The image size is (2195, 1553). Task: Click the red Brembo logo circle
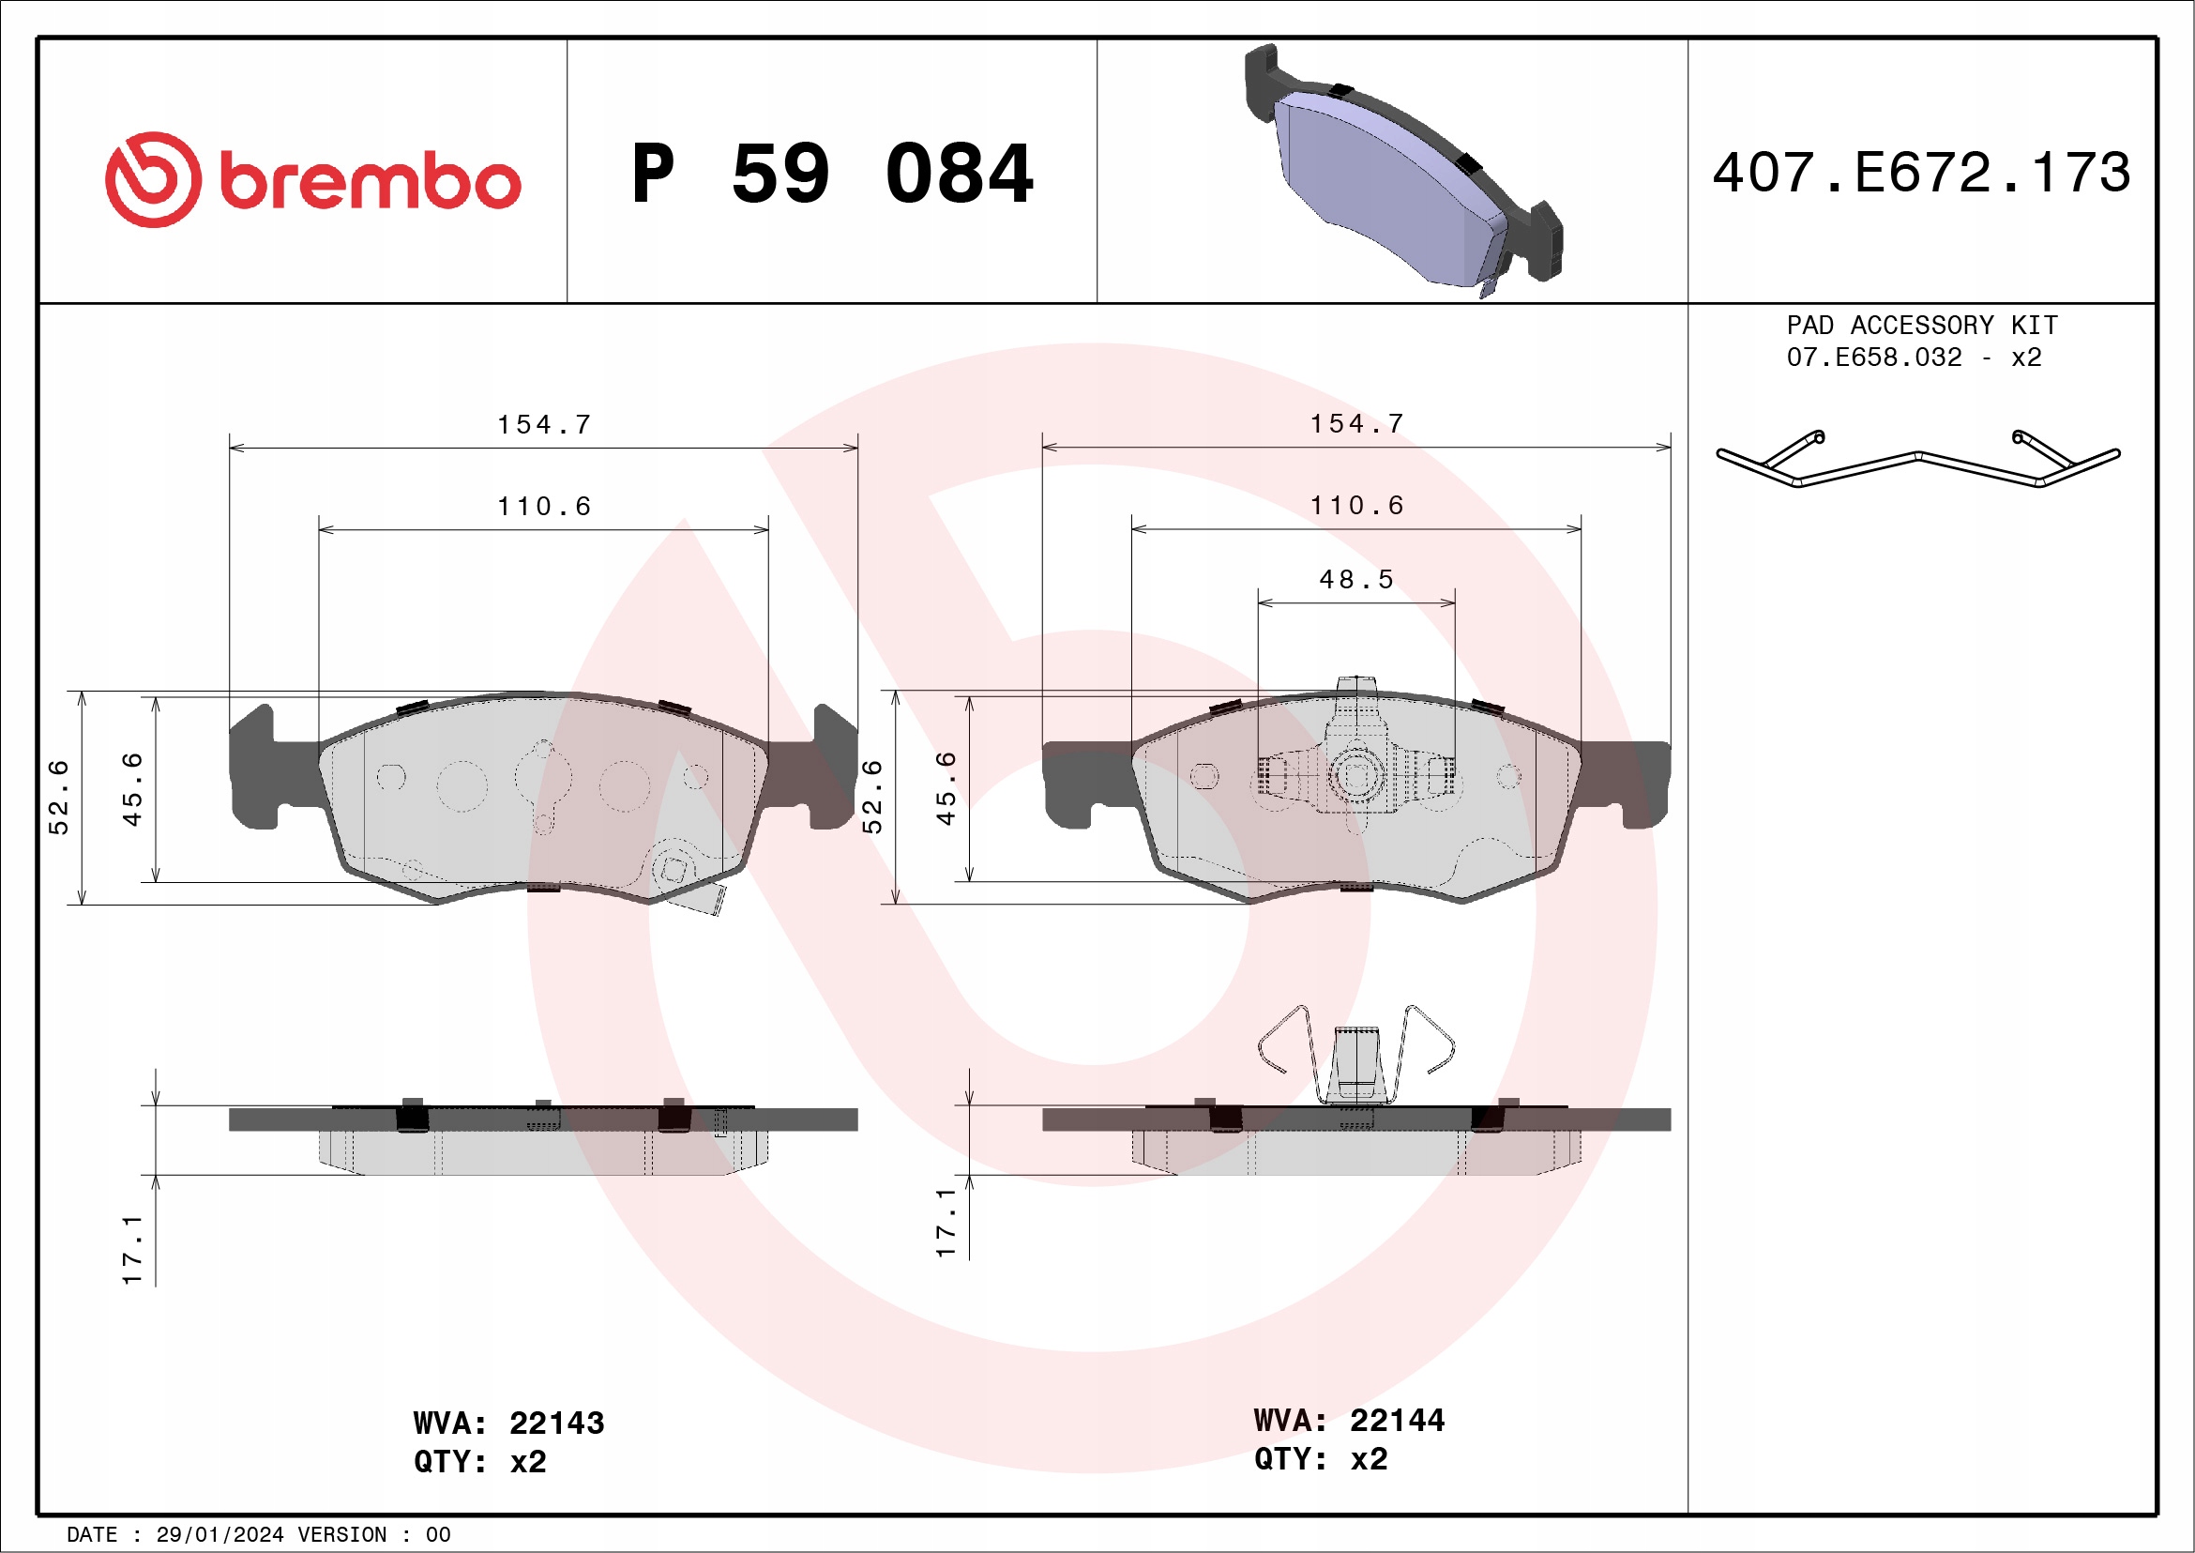click(153, 180)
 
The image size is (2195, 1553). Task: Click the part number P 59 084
click(832, 174)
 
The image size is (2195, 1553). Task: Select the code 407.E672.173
click(1921, 173)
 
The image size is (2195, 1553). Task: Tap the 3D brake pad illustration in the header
click(1405, 172)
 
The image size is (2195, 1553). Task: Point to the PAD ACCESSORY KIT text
click(1922, 325)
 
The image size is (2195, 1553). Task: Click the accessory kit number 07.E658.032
click(1874, 358)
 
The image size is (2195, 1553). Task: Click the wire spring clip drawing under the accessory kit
click(1916, 460)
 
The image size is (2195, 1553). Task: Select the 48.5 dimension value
click(1355, 580)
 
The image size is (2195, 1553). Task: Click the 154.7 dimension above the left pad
click(544, 424)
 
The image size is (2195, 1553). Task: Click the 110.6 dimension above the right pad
click(1355, 505)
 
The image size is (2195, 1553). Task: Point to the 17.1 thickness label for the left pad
click(132, 1250)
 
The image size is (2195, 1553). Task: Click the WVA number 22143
click(556, 1423)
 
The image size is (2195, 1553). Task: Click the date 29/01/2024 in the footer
click(219, 1535)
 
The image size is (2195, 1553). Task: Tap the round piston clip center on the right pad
click(1355, 774)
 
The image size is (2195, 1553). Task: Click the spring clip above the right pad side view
click(1355, 1056)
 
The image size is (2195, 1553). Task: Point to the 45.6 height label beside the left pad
click(132, 790)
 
